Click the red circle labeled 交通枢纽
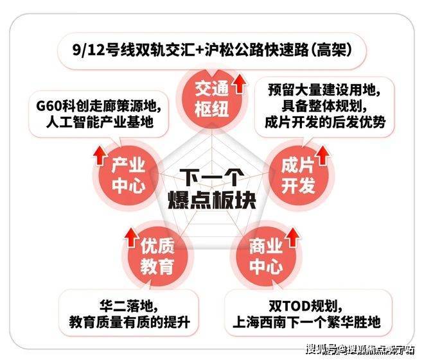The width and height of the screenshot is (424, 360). click(x=212, y=99)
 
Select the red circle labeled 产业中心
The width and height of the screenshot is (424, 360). click(x=128, y=176)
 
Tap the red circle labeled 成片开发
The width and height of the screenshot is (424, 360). click(x=299, y=176)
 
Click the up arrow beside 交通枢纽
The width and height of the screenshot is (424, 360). click(x=240, y=84)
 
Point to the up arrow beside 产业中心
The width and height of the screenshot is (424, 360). click(x=100, y=155)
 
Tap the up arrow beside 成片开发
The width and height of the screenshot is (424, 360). click(x=322, y=155)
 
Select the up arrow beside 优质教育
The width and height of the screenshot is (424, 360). click(x=132, y=237)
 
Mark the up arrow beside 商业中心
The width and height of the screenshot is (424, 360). click(x=292, y=237)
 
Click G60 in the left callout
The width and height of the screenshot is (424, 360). click(x=49, y=106)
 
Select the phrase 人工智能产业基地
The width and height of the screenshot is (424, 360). click(x=100, y=122)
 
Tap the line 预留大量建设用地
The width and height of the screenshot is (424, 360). click(x=324, y=90)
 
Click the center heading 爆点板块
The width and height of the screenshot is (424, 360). click(x=212, y=200)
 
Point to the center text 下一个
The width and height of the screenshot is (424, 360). click(x=212, y=178)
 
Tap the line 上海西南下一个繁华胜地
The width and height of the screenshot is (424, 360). click(x=306, y=322)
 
